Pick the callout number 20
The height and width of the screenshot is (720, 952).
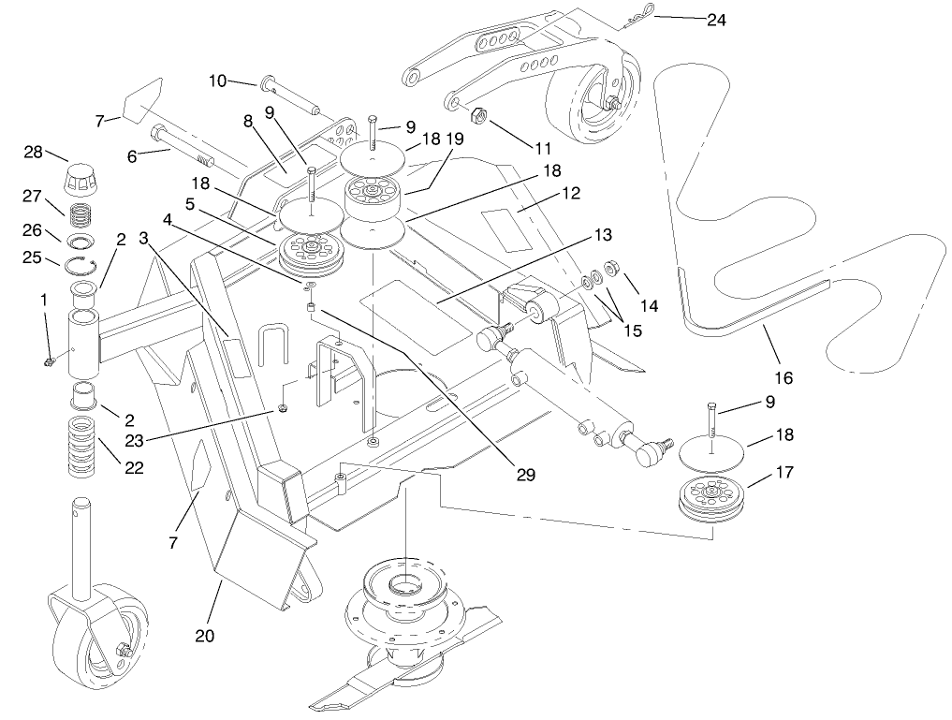pyautogui.click(x=205, y=636)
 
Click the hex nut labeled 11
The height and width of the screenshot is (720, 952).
pyautogui.click(x=475, y=117)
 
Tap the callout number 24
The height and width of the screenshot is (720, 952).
pyautogui.click(x=716, y=19)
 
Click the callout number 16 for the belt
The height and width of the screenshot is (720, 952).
pyautogui.click(x=784, y=378)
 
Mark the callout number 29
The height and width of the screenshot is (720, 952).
pyautogui.click(x=526, y=475)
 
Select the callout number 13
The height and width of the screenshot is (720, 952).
pyautogui.click(x=602, y=233)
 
